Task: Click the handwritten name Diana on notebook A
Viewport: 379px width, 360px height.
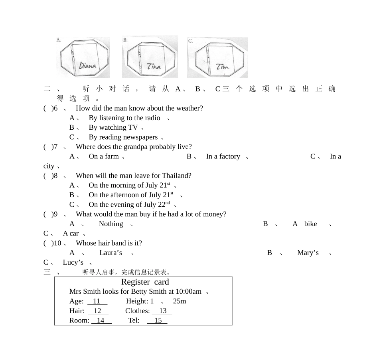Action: point(87,65)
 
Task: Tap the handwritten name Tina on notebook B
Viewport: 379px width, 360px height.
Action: point(154,66)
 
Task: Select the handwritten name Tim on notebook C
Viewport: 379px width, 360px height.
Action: point(222,67)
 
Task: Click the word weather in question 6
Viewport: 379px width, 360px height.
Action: point(189,108)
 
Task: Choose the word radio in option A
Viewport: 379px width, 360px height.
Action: point(152,118)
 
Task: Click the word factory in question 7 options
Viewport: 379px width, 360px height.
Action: point(230,157)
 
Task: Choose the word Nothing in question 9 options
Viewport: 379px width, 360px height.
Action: point(111,224)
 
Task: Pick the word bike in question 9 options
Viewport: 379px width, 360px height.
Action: point(311,224)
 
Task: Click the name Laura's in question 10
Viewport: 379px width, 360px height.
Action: point(111,253)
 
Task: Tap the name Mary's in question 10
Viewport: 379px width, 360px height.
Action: point(308,253)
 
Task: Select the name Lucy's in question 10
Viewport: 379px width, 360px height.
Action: point(73,263)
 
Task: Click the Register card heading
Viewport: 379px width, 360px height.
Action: point(145,282)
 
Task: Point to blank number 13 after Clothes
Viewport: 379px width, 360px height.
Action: point(162,311)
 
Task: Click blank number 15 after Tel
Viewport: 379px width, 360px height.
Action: point(157,320)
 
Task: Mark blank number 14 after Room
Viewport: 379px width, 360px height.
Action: point(101,320)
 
